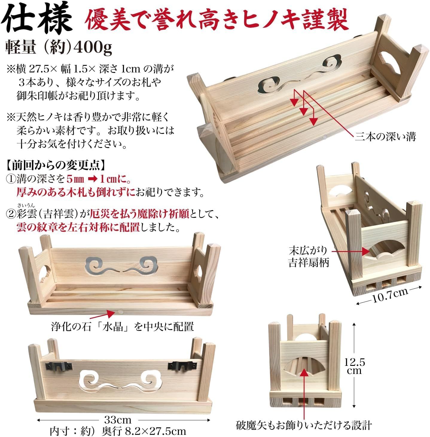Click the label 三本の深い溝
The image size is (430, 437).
(x=385, y=137)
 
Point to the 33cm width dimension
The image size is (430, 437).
(x=118, y=420)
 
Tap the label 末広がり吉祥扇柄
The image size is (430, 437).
(x=308, y=256)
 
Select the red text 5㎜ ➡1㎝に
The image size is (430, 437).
(x=98, y=179)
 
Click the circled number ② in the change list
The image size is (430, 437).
(x=11, y=215)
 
